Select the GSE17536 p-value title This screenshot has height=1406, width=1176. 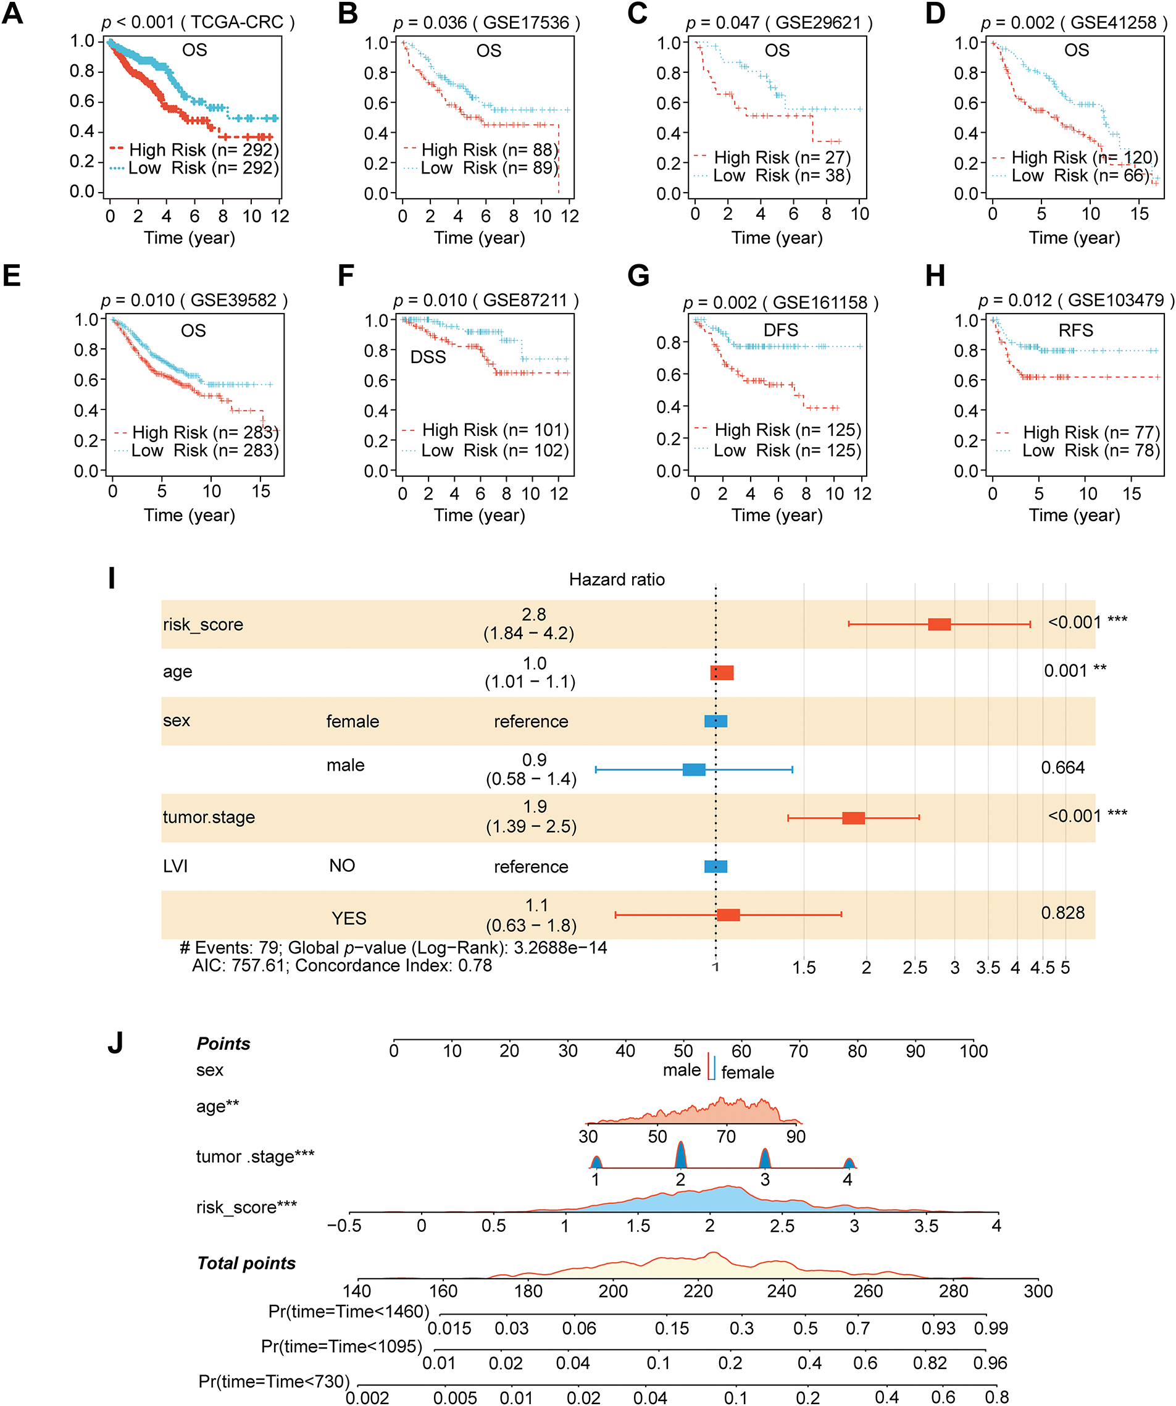(x=486, y=23)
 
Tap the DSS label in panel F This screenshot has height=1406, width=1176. (x=428, y=357)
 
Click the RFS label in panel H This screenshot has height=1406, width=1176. (x=1075, y=330)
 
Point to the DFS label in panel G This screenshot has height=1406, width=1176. (x=780, y=330)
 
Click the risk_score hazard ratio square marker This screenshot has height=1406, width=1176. (x=939, y=624)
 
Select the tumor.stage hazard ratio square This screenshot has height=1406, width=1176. (x=853, y=818)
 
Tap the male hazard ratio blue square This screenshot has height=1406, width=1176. (x=693, y=769)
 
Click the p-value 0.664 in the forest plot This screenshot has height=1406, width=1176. (x=1062, y=768)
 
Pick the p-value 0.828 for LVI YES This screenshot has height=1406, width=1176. (x=1062, y=913)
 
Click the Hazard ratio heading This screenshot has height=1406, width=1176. (x=617, y=580)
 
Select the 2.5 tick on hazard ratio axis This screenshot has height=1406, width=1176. (x=914, y=968)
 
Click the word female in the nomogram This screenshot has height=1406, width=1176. (x=747, y=1073)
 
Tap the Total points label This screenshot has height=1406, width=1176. (x=246, y=1263)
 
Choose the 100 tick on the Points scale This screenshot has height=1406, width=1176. (x=973, y=1051)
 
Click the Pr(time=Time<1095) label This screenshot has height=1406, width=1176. (x=341, y=1345)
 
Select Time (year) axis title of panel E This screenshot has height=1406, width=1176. (x=190, y=515)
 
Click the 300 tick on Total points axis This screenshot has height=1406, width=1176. (x=1038, y=1292)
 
